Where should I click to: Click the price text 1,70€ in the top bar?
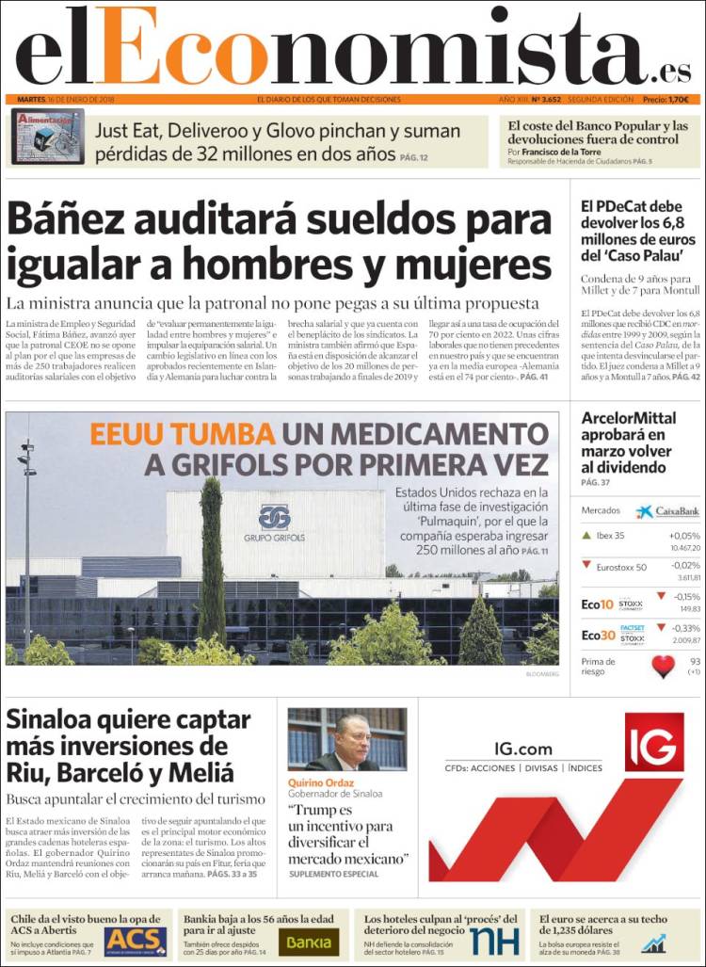677,99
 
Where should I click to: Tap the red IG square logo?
653,742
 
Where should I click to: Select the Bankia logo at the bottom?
309,942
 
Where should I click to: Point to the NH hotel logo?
494,941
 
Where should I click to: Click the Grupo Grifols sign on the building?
275,524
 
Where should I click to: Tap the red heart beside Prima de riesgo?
664,667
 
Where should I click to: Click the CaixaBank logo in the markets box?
667,511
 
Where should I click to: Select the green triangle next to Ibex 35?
587,536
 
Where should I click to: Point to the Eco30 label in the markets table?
597,635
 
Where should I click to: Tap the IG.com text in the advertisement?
523,749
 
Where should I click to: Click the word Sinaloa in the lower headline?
58,720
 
